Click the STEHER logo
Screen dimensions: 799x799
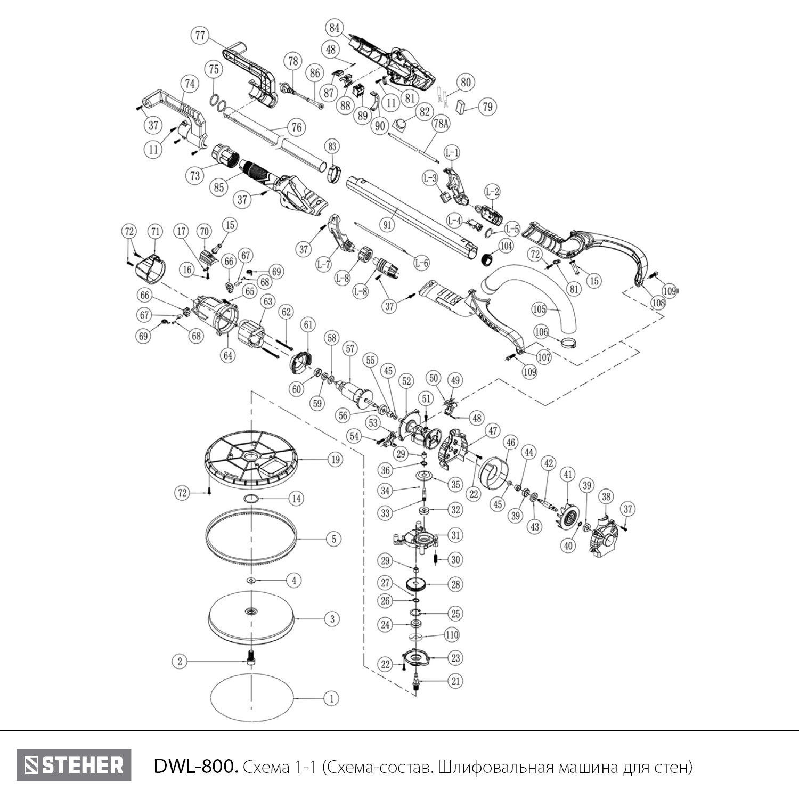[74, 765]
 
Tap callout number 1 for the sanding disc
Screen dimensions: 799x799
[331, 698]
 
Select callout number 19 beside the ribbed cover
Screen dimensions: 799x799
[335, 459]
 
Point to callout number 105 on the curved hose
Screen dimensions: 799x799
[539, 308]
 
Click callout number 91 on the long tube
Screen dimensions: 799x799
[387, 224]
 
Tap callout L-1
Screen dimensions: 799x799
[451, 153]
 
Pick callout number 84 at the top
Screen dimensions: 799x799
[335, 28]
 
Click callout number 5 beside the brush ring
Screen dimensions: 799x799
[334, 539]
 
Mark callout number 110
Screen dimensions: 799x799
[452, 635]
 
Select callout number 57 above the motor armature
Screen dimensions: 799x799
[349, 349]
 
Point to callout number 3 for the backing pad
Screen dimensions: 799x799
[332, 619]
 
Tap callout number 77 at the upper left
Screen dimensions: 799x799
[200, 36]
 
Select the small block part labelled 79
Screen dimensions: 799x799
[463, 107]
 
